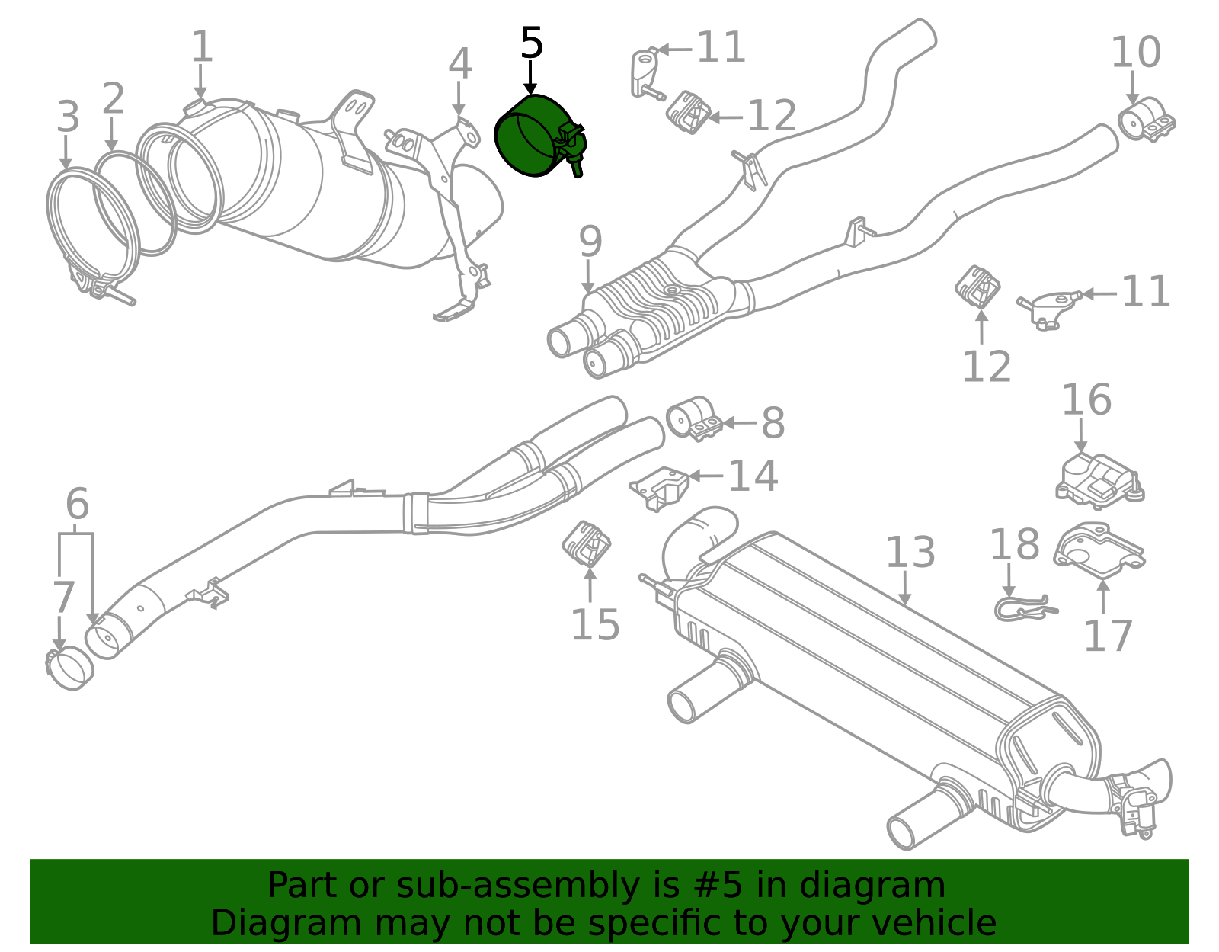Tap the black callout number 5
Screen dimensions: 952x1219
[x=531, y=44]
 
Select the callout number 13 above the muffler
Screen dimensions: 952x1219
[x=910, y=553]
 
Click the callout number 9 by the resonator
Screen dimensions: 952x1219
[x=590, y=242]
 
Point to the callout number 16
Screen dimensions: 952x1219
[x=1086, y=400]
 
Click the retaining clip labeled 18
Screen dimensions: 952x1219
[x=1025, y=607]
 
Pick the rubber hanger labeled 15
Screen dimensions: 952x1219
[x=587, y=543]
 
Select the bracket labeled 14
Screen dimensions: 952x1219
[x=660, y=486]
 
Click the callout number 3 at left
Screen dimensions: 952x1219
[x=68, y=117]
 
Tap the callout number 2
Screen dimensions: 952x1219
[x=113, y=99]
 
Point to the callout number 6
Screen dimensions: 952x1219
[x=77, y=505]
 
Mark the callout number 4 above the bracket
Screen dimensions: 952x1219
[x=459, y=64]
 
